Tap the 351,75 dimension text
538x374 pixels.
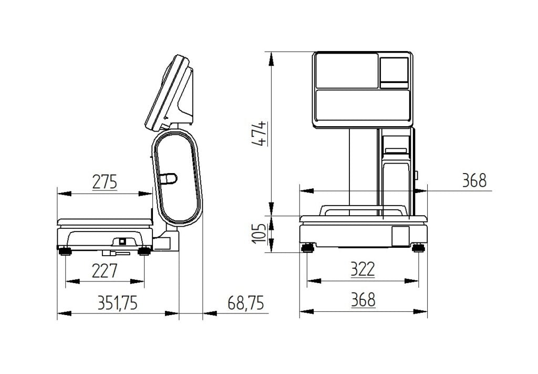pyautogui.click(x=117, y=303)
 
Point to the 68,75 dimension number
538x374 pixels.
pyautogui.click(x=246, y=303)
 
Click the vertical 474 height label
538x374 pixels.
pyautogui.click(x=258, y=134)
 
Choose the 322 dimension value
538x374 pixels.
pyautogui.click(x=363, y=270)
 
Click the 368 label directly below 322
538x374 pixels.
pyautogui.click(x=363, y=300)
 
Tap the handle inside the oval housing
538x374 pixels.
pyautogui.click(x=168, y=179)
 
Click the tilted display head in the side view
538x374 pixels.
pyautogui.click(x=169, y=93)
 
